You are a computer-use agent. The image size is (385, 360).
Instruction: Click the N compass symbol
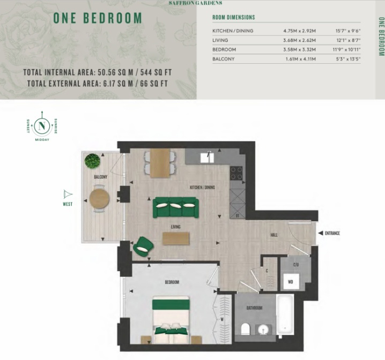tap(42, 126)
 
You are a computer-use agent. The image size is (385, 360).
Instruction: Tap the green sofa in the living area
tap(176, 207)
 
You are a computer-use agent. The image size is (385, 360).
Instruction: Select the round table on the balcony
tap(99, 198)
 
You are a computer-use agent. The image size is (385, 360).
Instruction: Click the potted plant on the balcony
tap(92, 161)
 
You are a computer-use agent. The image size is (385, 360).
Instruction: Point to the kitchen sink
tap(207, 157)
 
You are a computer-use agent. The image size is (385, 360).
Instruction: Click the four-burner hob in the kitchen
tap(236, 173)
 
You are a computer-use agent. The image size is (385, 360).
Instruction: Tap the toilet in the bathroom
tap(245, 329)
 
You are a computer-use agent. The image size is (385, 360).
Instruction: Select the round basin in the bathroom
tap(264, 330)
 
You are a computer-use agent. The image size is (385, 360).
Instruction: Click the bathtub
tap(285, 314)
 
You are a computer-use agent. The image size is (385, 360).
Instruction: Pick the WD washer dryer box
tap(291, 282)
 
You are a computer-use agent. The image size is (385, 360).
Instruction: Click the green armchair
tap(143, 246)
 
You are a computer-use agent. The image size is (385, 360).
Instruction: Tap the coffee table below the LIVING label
tap(176, 238)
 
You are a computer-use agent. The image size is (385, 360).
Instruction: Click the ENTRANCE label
tap(332, 233)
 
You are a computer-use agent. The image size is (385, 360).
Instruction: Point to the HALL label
tap(274, 235)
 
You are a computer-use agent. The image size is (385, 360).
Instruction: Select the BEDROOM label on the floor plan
tap(172, 282)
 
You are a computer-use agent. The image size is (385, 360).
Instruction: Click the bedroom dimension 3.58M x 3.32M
tap(299, 49)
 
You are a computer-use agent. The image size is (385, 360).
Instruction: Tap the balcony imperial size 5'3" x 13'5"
tap(348, 59)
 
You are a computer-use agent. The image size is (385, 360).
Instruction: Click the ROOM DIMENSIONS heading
tap(233, 18)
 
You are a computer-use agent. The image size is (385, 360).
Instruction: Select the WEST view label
tap(68, 204)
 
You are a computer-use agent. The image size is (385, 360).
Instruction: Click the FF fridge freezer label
tap(238, 216)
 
